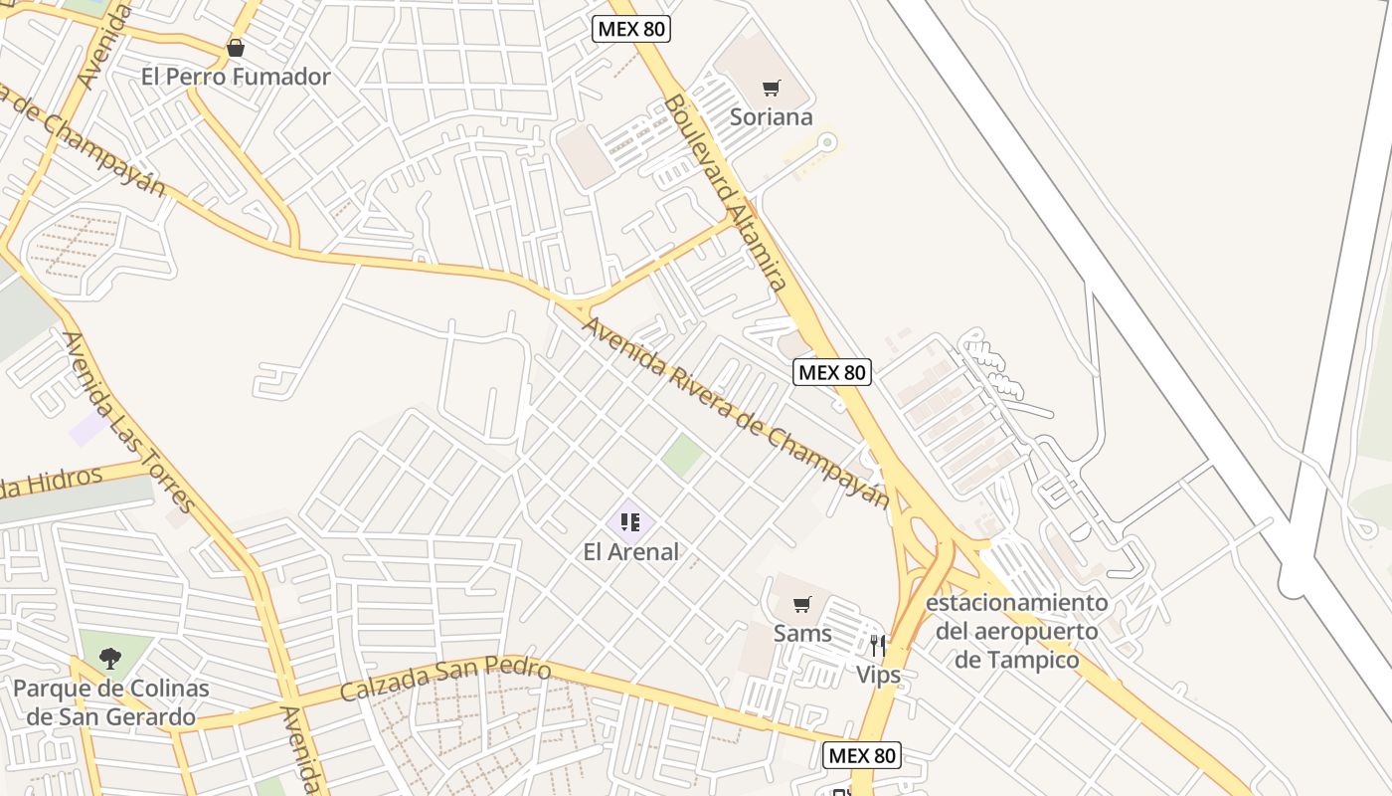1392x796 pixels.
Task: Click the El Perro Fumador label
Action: tap(236, 77)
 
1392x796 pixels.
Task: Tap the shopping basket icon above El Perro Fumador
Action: tap(236, 48)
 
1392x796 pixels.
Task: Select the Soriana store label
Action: tap(772, 116)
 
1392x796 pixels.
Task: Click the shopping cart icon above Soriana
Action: tap(772, 88)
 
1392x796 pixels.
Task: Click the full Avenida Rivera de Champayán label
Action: tap(736, 412)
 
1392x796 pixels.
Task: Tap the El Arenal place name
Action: tap(631, 551)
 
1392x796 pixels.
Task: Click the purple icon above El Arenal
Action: tap(629, 521)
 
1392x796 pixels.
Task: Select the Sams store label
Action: tap(802, 633)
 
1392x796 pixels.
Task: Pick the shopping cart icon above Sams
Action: tap(802, 604)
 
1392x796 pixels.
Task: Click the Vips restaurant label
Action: tap(879, 675)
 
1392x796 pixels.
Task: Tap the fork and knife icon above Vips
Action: tap(877, 646)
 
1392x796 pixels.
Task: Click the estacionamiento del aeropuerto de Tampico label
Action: tap(1016, 631)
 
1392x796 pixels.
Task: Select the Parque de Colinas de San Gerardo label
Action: tap(111, 701)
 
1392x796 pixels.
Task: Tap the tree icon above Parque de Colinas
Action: tap(110, 658)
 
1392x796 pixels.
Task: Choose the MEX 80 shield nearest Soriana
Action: tap(631, 29)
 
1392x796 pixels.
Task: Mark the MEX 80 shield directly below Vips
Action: tap(863, 755)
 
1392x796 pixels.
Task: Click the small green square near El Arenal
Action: tap(683, 455)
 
